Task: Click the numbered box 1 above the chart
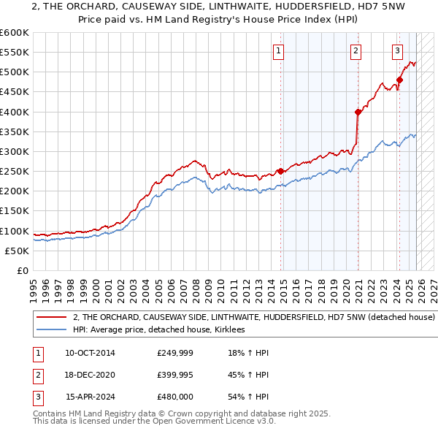click(x=279, y=51)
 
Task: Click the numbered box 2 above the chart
click(x=356, y=51)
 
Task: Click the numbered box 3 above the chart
click(x=397, y=51)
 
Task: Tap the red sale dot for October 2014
click(x=280, y=171)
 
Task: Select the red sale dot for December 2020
click(x=358, y=112)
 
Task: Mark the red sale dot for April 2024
click(x=399, y=80)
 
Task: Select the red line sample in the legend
click(x=52, y=318)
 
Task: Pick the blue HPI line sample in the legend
click(x=52, y=330)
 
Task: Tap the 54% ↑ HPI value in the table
click(x=248, y=397)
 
